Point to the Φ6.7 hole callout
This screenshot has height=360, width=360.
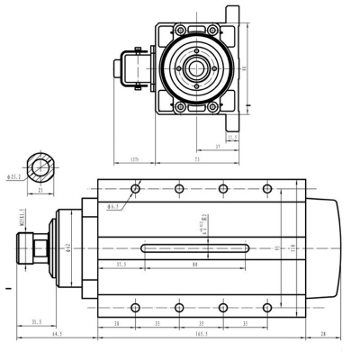point(114,207)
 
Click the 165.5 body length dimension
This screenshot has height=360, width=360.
point(201,335)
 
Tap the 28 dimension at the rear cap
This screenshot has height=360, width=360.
point(322,335)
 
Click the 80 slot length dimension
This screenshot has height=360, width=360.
point(194,265)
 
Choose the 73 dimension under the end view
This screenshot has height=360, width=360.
point(196,158)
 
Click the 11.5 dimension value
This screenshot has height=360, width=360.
point(232,138)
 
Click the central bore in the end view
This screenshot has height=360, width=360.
point(196,68)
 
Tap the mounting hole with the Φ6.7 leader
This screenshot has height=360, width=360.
point(135,188)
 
